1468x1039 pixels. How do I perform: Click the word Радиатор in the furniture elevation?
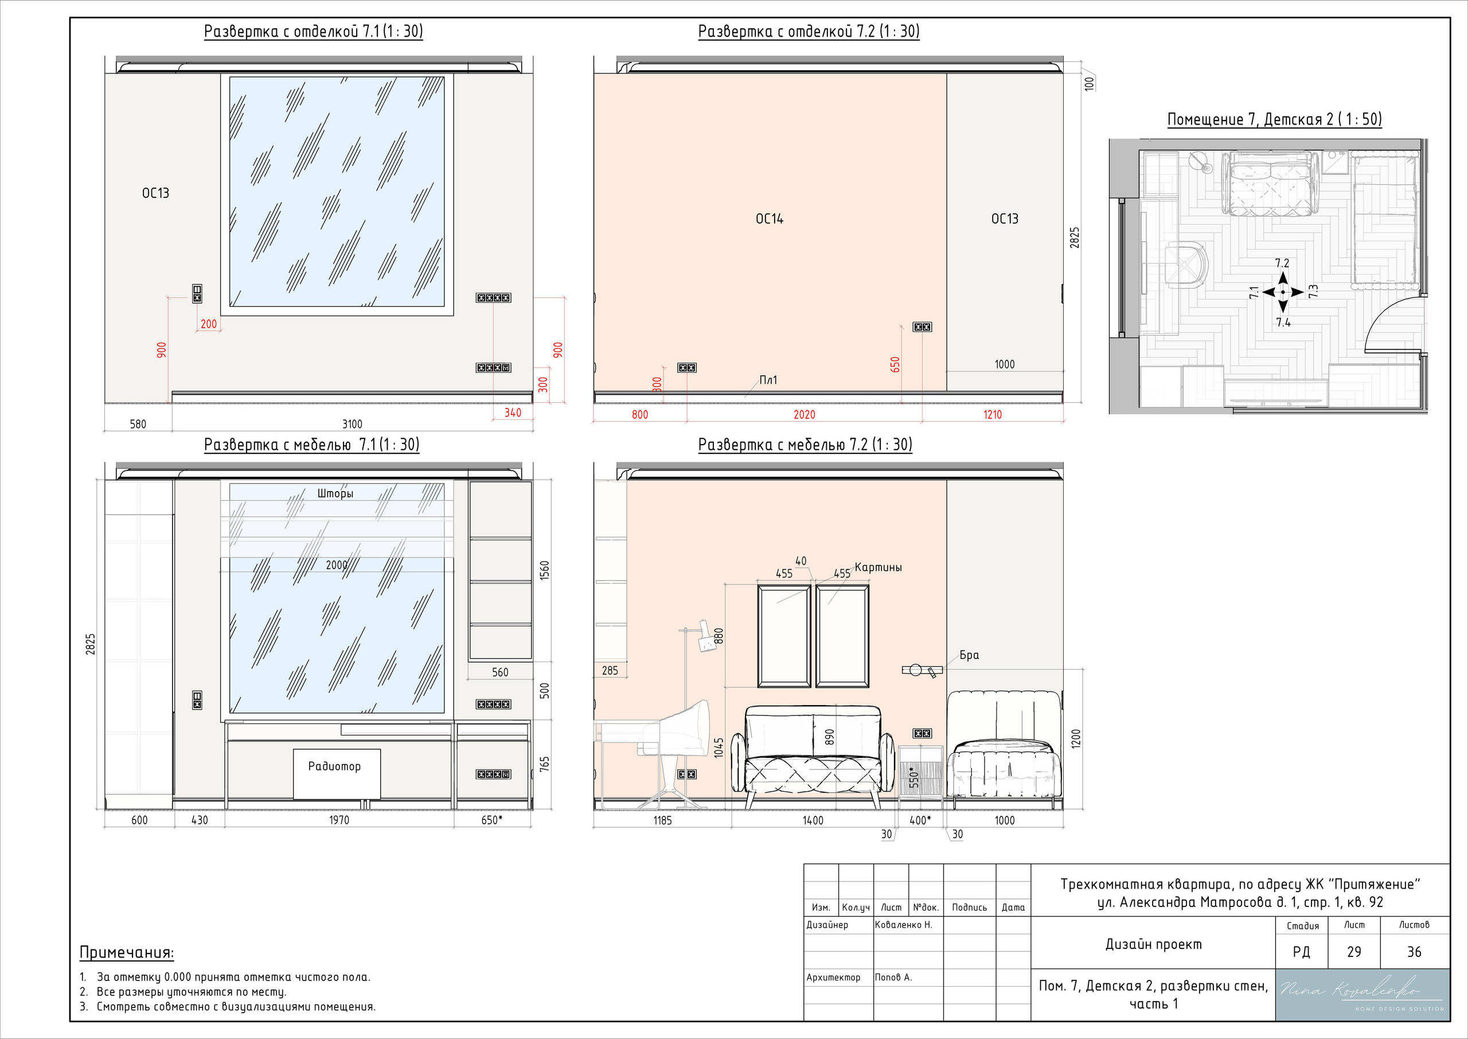[x=334, y=766]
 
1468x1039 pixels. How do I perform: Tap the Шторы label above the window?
[x=335, y=493]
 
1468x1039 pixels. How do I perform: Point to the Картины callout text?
[x=878, y=567]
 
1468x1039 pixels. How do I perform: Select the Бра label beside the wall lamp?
[x=969, y=655]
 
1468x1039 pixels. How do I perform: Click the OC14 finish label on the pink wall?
[x=769, y=219]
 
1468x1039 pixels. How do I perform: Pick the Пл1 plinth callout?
[x=768, y=380]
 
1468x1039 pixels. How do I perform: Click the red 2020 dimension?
[x=805, y=415]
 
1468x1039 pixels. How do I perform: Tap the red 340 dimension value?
[x=513, y=413]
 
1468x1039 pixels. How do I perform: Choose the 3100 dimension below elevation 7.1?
[x=352, y=424]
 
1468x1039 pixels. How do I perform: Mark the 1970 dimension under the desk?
[x=339, y=820]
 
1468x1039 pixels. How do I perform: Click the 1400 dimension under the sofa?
[x=813, y=820]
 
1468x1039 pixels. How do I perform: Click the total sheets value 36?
[x=1414, y=952]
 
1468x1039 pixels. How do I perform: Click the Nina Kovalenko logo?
[x=1362, y=994]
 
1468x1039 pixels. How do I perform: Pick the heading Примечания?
[x=127, y=952]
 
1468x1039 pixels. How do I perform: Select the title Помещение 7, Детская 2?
[x=1274, y=120]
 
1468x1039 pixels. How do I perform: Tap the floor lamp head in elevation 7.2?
[x=705, y=636]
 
